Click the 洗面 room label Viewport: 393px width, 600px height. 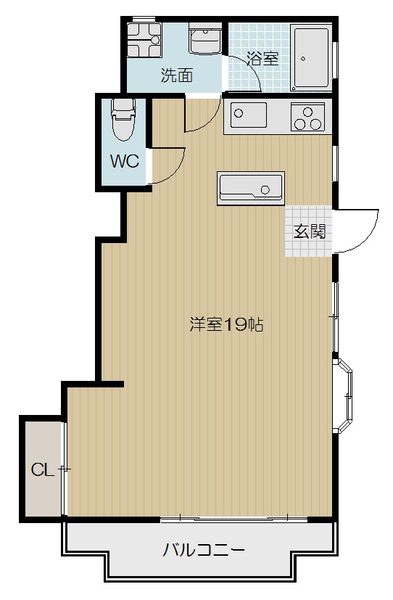(x=176, y=75)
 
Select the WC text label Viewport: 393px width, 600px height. (x=124, y=161)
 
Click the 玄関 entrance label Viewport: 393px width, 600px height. (x=309, y=231)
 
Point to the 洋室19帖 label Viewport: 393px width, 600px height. (x=226, y=324)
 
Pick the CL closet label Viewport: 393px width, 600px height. (x=42, y=469)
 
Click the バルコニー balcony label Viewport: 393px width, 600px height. (x=204, y=549)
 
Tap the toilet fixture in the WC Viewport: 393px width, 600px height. (x=123, y=120)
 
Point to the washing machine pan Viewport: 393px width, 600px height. (x=144, y=40)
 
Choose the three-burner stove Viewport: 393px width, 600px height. (x=307, y=118)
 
